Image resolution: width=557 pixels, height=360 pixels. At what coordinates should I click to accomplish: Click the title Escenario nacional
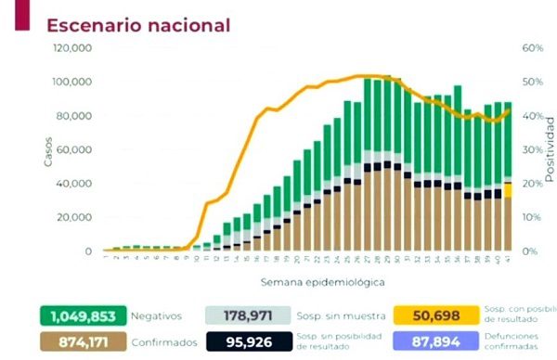138,24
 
